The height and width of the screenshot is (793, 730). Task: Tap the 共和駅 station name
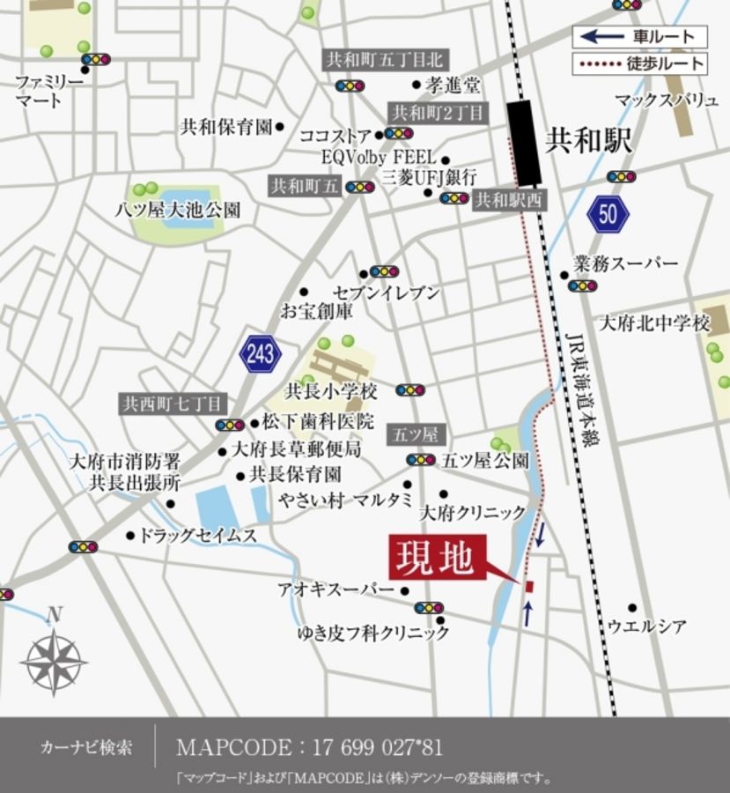tap(589, 140)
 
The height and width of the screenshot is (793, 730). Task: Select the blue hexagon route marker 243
tap(260, 354)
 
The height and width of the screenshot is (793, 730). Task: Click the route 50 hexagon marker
tap(608, 213)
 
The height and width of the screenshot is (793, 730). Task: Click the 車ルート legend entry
tap(639, 37)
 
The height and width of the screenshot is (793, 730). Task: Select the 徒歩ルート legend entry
tap(639, 63)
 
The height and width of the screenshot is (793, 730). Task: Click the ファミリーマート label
tap(49, 91)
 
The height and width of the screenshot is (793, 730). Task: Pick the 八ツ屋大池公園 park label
tap(178, 210)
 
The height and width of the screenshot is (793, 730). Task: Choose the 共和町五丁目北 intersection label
tap(385, 60)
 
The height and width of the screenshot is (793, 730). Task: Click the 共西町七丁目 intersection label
tap(175, 404)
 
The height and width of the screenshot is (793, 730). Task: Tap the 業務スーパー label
tap(625, 263)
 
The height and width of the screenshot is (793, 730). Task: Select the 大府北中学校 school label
tap(653, 323)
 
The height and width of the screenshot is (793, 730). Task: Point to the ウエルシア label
tap(647, 626)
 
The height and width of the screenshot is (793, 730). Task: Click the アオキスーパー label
tap(336, 589)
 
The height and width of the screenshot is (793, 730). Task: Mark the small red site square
tap(529, 586)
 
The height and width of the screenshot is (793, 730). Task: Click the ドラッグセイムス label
tap(198, 535)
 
